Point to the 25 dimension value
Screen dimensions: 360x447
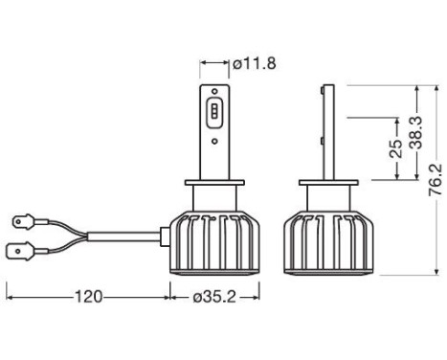(393, 149)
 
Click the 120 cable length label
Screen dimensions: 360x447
(89, 296)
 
